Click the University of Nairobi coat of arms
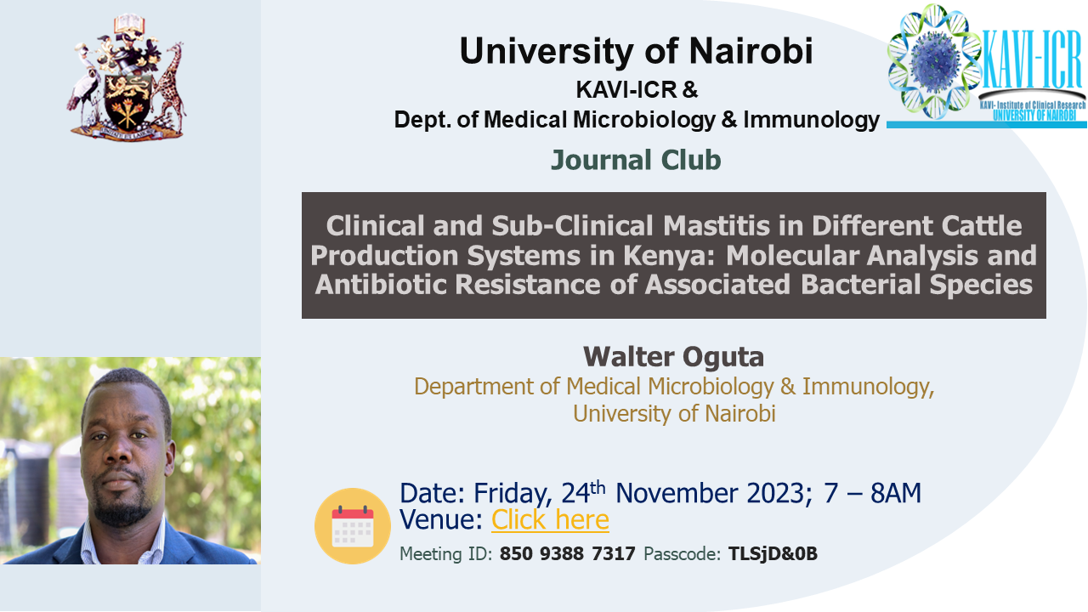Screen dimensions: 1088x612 coord(127,76)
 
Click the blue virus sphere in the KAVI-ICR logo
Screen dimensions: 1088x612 coord(933,62)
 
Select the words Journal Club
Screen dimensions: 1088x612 coord(636,160)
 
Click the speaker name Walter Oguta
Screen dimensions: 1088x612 coord(674,357)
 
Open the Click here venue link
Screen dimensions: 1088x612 coord(550,519)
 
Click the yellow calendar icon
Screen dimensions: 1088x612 coord(353,526)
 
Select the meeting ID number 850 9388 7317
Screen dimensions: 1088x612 coord(567,553)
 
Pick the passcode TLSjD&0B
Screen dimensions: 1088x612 coord(773,553)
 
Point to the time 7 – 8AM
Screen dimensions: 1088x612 coord(872,493)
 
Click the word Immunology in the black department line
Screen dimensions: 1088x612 coord(811,120)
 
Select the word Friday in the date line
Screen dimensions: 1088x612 coord(513,494)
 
